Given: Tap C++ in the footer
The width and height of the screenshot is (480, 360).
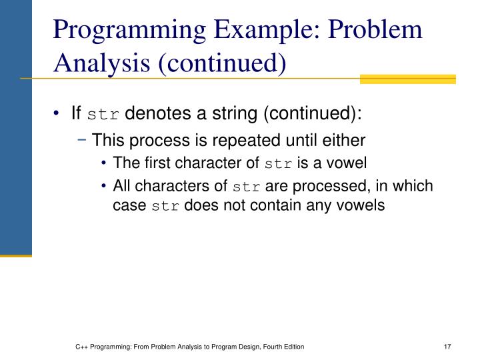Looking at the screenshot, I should pyautogui.click(x=81, y=347).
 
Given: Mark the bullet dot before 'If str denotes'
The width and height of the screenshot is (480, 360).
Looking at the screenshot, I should pyautogui.click(x=77, y=114).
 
